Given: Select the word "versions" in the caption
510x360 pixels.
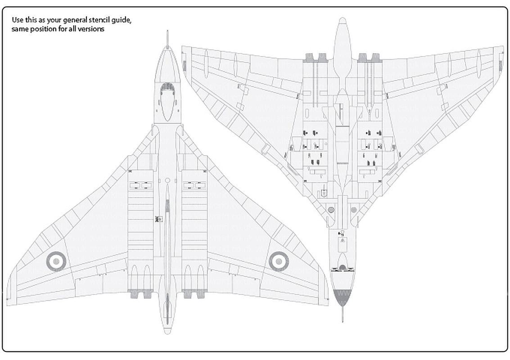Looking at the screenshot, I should tap(93, 29).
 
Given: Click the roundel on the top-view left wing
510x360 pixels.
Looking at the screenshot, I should tap(56, 261).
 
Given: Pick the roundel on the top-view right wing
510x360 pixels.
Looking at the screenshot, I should tap(279, 261).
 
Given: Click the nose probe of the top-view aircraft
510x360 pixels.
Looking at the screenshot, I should tap(167, 38).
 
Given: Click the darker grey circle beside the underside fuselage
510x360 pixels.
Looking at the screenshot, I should tap(331, 210).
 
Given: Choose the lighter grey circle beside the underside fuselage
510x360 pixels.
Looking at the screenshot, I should tap(354, 210).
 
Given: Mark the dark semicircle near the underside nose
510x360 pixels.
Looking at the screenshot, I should tap(343, 268).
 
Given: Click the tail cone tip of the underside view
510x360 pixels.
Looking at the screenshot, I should tap(342, 21).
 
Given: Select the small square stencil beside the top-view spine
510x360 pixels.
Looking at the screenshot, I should tap(158, 219).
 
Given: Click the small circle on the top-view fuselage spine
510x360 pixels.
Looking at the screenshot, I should tap(167, 180).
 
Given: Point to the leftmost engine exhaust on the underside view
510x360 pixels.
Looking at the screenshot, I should tap(310, 58).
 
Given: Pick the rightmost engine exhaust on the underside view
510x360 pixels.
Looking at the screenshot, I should tap(376, 58).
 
